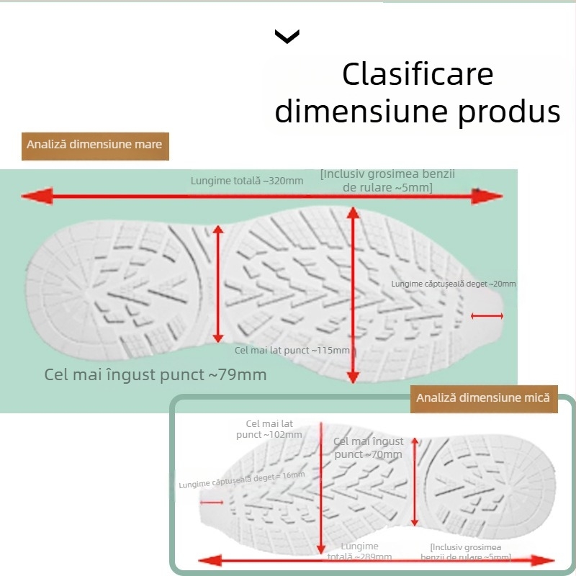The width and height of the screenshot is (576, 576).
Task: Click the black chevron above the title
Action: coord(287,37)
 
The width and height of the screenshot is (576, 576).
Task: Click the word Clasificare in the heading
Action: coord(418,75)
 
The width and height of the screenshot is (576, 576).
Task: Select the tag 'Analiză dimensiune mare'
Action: coord(94,145)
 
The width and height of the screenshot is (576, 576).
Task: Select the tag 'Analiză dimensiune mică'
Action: coord(483,397)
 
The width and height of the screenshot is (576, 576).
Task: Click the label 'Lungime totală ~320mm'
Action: coord(247,181)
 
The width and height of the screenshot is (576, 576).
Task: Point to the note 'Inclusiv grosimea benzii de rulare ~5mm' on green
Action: coord(388,181)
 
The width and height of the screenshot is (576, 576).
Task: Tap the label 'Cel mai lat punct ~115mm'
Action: coord(292,351)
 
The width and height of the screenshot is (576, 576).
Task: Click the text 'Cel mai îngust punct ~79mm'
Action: coord(156,374)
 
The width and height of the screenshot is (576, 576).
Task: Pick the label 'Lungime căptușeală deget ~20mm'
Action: coord(454,284)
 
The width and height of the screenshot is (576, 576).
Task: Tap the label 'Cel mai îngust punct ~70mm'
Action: coord(368,448)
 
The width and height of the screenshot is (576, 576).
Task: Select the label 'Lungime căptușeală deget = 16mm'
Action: coord(242,475)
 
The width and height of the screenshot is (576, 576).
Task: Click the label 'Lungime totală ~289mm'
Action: coord(360,552)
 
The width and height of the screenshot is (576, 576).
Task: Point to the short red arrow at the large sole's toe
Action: coord(487,315)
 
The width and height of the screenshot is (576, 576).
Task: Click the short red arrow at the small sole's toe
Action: coord(212,502)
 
